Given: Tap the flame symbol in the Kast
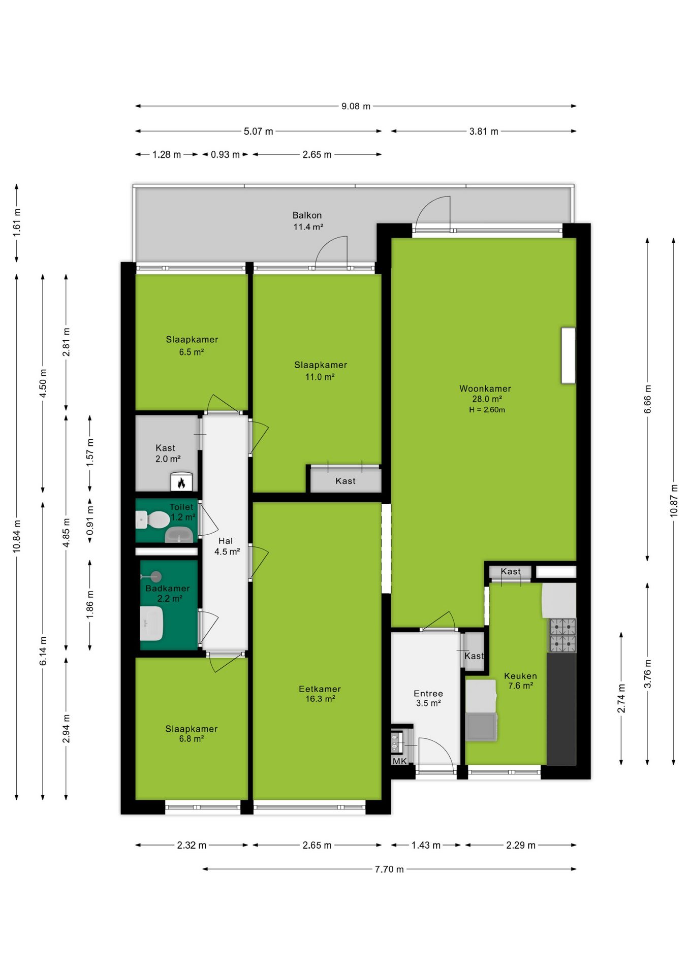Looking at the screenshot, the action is (x=181, y=483).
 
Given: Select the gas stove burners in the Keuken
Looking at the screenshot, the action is (x=563, y=635).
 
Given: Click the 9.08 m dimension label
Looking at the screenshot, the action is (x=356, y=106).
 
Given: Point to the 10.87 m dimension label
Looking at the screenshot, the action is (x=674, y=500).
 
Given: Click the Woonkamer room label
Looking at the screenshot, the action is (x=485, y=388).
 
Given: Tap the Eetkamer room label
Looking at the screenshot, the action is (x=320, y=689).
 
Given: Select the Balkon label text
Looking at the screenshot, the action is (x=307, y=215).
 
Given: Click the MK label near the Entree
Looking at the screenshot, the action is (x=399, y=761).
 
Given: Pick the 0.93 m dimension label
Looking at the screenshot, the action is (x=225, y=154).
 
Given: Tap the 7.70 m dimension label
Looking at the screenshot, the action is (x=389, y=869).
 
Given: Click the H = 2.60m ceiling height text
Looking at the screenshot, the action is (x=487, y=410).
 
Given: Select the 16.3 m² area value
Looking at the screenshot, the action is (x=320, y=699).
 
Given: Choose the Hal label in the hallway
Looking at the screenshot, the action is (x=226, y=541).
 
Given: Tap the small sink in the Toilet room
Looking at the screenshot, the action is (x=179, y=535).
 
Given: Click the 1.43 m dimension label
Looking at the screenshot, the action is (x=426, y=845).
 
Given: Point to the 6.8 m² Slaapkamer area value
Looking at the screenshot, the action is (x=192, y=739).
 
